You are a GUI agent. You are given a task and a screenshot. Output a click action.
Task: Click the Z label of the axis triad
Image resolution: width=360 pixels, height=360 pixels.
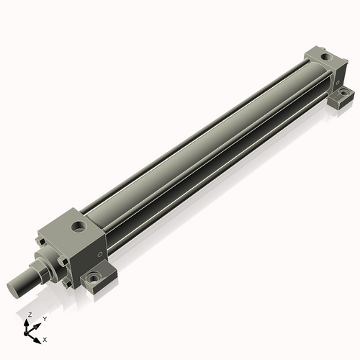29,316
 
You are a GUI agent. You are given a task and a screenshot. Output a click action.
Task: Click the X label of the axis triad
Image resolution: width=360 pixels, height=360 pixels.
45,338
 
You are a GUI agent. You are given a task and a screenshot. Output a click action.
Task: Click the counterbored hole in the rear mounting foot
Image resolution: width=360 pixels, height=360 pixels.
343,94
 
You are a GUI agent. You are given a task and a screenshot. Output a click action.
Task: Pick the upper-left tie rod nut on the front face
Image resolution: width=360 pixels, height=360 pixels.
40,238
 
